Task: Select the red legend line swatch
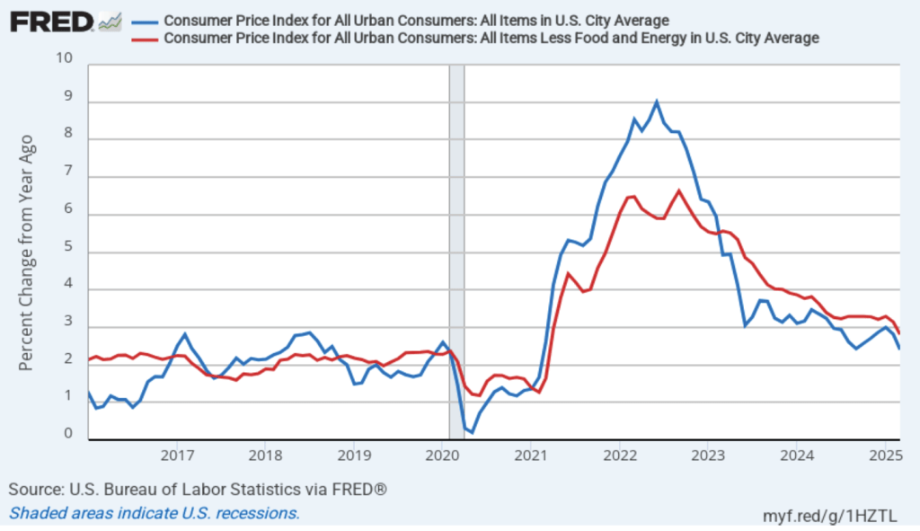point(144,38)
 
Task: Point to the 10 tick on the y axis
point(64,58)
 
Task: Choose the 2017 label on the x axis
point(177,454)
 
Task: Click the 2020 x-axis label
point(442,454)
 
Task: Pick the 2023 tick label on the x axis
point(707,454)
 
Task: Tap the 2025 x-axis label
point(884,454)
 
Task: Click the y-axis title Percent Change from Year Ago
point(26,252)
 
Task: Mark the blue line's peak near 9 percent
point(657,102)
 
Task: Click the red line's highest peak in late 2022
point(678,190)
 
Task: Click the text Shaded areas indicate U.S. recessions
point(154,513)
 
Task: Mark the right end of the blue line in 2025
point(899,349)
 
